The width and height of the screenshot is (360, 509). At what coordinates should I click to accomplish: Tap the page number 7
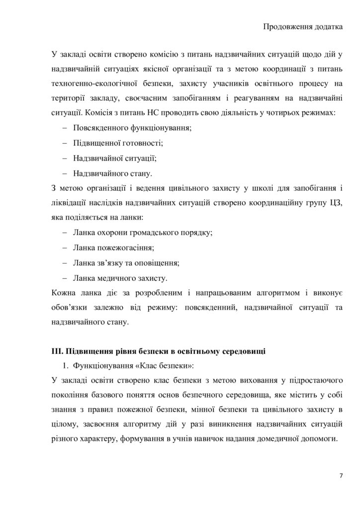coord(341,476)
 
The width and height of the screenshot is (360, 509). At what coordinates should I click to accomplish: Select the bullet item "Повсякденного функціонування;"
coord(132,128)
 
